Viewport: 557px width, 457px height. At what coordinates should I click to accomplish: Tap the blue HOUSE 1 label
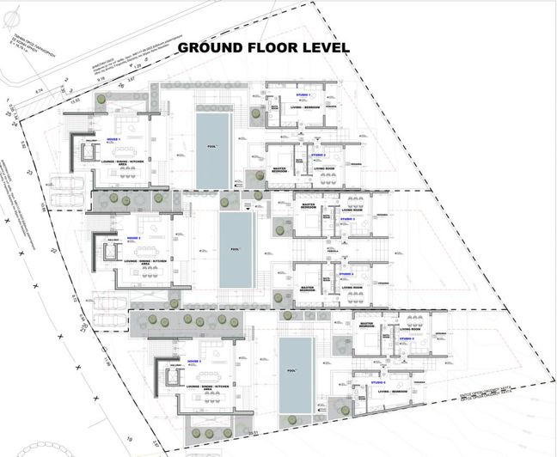[113, 137]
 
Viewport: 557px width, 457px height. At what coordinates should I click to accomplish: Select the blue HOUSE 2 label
[132, 238]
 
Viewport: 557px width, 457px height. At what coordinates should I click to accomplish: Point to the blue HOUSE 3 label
[193, 362]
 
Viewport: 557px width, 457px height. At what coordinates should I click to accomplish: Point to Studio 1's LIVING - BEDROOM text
[303, 107]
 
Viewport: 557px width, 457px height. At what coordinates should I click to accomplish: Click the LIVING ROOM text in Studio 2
[324, 169]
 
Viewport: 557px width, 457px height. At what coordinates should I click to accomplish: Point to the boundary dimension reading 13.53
[76, 101]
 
